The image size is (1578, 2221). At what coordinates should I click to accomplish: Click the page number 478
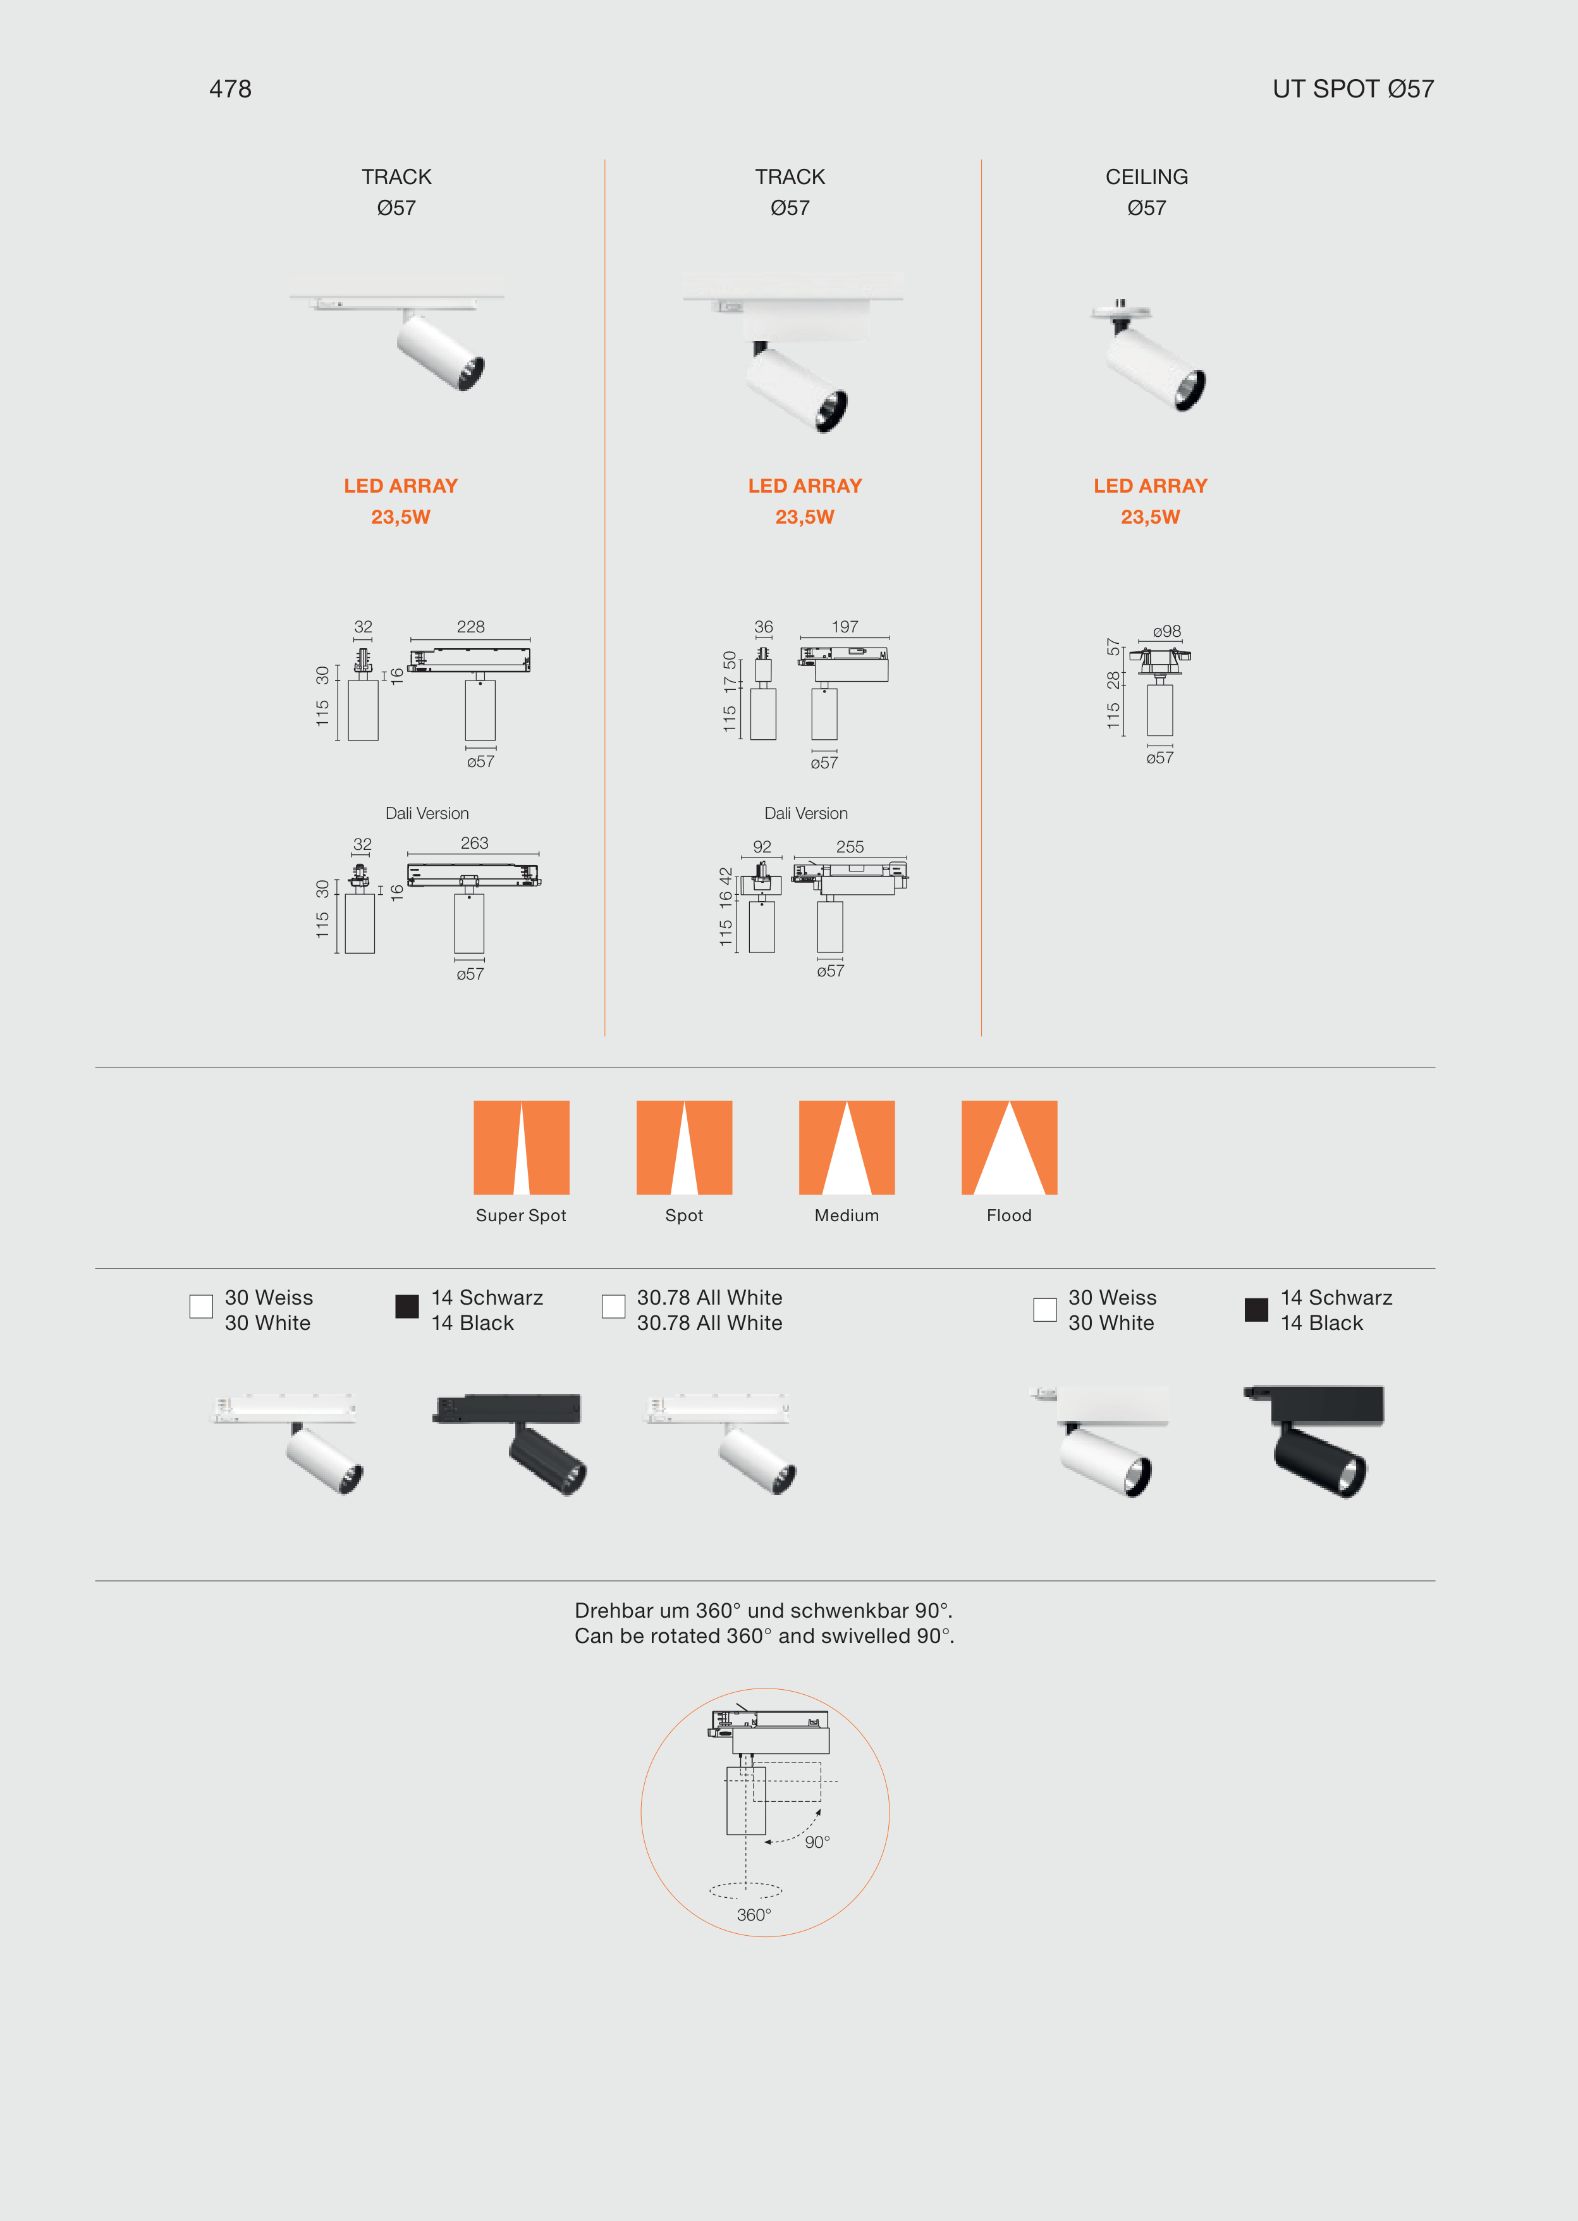pyautogui.click(x=230, y=89)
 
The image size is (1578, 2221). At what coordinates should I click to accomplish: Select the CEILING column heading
pyautogui.click(x=1147, y=177)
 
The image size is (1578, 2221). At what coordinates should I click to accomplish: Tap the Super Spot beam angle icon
pyautogui.click(x=521, y=1147)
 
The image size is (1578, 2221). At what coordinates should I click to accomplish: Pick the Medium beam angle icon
pyautogui.click(x=847, y=1147)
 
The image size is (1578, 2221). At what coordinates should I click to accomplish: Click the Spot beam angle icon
pyautogui.click(x=684, y=1147)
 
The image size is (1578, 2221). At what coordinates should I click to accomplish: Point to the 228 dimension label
pyautogui.click(x=470, y=627)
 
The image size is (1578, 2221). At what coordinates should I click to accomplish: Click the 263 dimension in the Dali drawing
pyautogui.click(x=474, y=843)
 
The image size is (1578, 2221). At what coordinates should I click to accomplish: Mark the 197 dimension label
pyautogui.click(x=845, y=627)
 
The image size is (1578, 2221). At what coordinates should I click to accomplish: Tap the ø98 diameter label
pyautogui.click(x=1167, y=631)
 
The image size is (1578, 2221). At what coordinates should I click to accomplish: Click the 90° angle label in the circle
pyautogui.click(x=817, y=1842)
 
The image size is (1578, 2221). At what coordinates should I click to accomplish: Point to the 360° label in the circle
pyautogui.click(x=754, y=1915)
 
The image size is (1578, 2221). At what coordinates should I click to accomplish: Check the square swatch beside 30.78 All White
pyautogui.click(x=613, y=1307)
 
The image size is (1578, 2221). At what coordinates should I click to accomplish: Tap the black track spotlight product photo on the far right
pyautogui.click(x=1314, y=1441)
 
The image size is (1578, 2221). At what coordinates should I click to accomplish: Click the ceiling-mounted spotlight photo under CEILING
pyautogui.click(x=1147, y=355)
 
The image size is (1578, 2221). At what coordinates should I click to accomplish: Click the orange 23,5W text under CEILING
pyautogui.click(x=1151, y=517)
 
